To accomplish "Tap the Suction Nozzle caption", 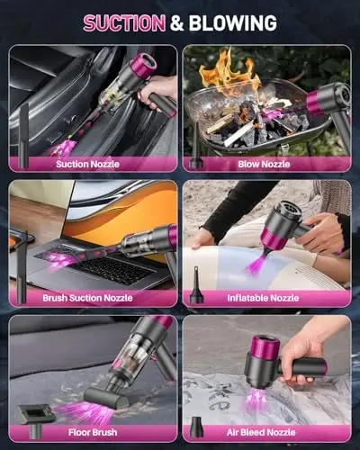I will [91, 164].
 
